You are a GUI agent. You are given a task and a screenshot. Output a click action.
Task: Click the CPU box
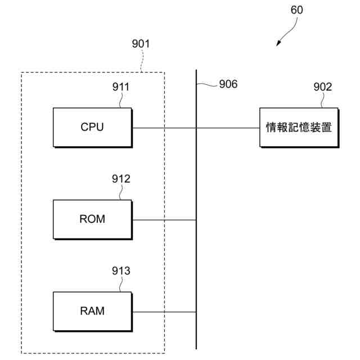point(93,128)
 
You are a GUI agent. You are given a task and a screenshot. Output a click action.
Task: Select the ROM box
point(93,219)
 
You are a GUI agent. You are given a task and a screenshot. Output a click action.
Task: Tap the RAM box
point(93,312)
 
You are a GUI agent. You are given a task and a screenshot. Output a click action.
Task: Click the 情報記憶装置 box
point(299,128)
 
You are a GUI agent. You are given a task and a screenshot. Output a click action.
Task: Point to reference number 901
point(141,44)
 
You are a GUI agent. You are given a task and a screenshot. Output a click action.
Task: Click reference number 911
point(121,87)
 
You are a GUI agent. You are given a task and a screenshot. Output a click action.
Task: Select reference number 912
point(121,179)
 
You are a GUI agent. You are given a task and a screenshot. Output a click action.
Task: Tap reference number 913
point(121,271)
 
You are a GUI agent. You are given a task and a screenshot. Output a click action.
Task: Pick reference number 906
point(228,84)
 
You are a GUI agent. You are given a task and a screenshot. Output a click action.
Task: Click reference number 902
point(323,87)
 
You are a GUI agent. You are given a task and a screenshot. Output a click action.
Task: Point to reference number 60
point(296,10)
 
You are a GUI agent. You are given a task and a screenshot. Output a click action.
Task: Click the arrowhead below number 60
point(278,43)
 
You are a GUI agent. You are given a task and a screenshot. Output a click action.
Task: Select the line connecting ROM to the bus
point(164,220)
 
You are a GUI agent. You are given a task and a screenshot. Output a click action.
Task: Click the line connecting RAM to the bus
point(164,312)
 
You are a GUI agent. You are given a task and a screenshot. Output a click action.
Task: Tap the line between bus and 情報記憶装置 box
point(228,128)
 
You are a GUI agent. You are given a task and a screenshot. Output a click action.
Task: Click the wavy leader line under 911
point(120,100)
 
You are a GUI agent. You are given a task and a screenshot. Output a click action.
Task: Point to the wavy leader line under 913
point(120,284)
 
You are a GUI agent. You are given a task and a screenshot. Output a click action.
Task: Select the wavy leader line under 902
point(322,100)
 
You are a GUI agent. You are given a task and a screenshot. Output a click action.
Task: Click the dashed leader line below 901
point(142,61)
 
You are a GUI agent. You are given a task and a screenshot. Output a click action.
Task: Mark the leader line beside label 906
point(207,85)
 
